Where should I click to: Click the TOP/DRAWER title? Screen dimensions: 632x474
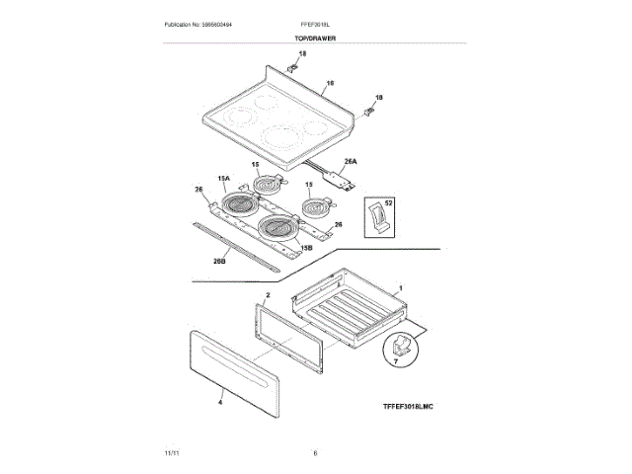315,38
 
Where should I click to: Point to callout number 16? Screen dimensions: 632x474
330,83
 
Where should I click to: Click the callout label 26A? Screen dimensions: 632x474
350,161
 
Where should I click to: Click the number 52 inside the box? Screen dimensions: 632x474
388,202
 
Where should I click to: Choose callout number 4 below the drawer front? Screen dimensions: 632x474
220,402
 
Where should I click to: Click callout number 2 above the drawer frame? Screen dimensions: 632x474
268,295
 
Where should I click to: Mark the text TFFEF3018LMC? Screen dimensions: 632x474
408,407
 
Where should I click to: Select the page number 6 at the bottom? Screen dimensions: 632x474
315,452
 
